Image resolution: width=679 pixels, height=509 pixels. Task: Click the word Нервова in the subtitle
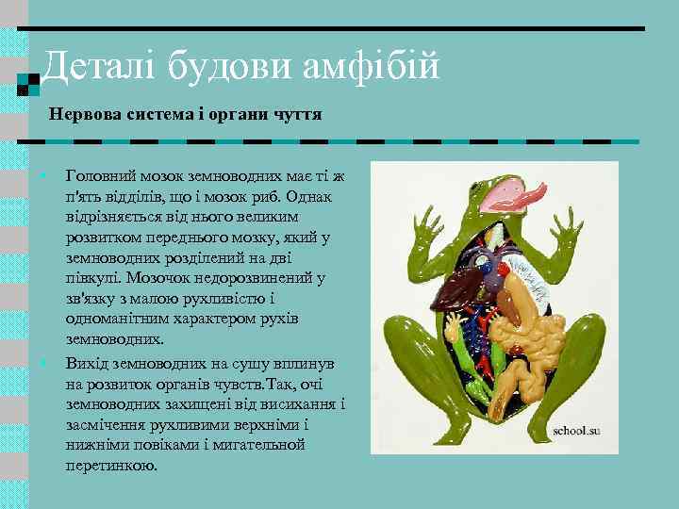(x=85, y=114)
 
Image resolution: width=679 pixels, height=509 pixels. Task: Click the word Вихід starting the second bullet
(x=88, y=363)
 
